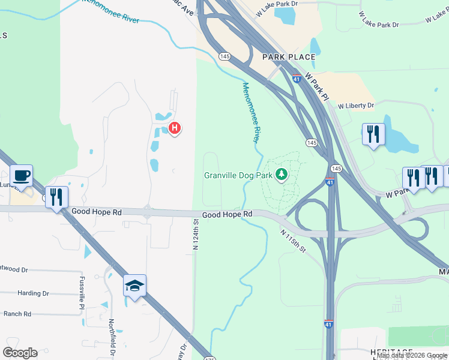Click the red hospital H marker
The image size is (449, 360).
pos(175,128)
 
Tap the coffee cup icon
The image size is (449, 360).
pos(22,175)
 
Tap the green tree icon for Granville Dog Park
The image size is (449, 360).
pos(281,175)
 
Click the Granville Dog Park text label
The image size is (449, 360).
pos(238,175)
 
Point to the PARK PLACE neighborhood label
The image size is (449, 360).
pos(289,57)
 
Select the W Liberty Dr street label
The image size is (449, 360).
pos(355,106)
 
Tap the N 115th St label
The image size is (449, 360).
pos(293,240)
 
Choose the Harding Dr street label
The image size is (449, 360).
pos(34,293)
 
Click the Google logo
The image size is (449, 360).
pos(20,353)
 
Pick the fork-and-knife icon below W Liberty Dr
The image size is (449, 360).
pos(373,134)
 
